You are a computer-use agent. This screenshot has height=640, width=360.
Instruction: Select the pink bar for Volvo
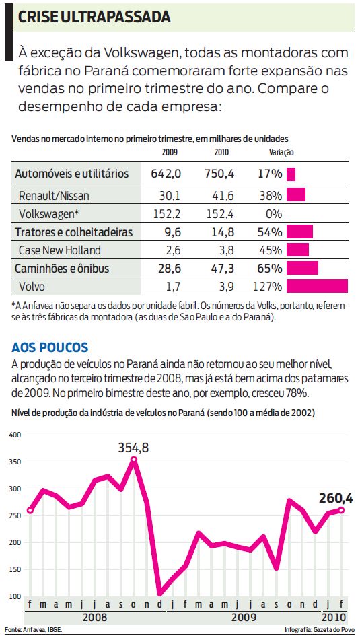317,287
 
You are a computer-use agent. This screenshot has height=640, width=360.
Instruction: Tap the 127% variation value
267,287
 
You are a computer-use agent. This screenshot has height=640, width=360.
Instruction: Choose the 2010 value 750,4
220,174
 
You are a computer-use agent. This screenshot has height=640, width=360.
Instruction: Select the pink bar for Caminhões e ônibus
302,269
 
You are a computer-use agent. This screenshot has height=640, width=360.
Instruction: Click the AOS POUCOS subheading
50,347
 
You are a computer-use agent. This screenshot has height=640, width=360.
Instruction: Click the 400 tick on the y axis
15,435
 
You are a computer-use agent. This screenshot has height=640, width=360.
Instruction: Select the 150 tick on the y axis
15,569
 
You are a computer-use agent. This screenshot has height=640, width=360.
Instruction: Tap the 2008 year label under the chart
95,616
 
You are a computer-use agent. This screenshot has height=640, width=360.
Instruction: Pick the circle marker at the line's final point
342,510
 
